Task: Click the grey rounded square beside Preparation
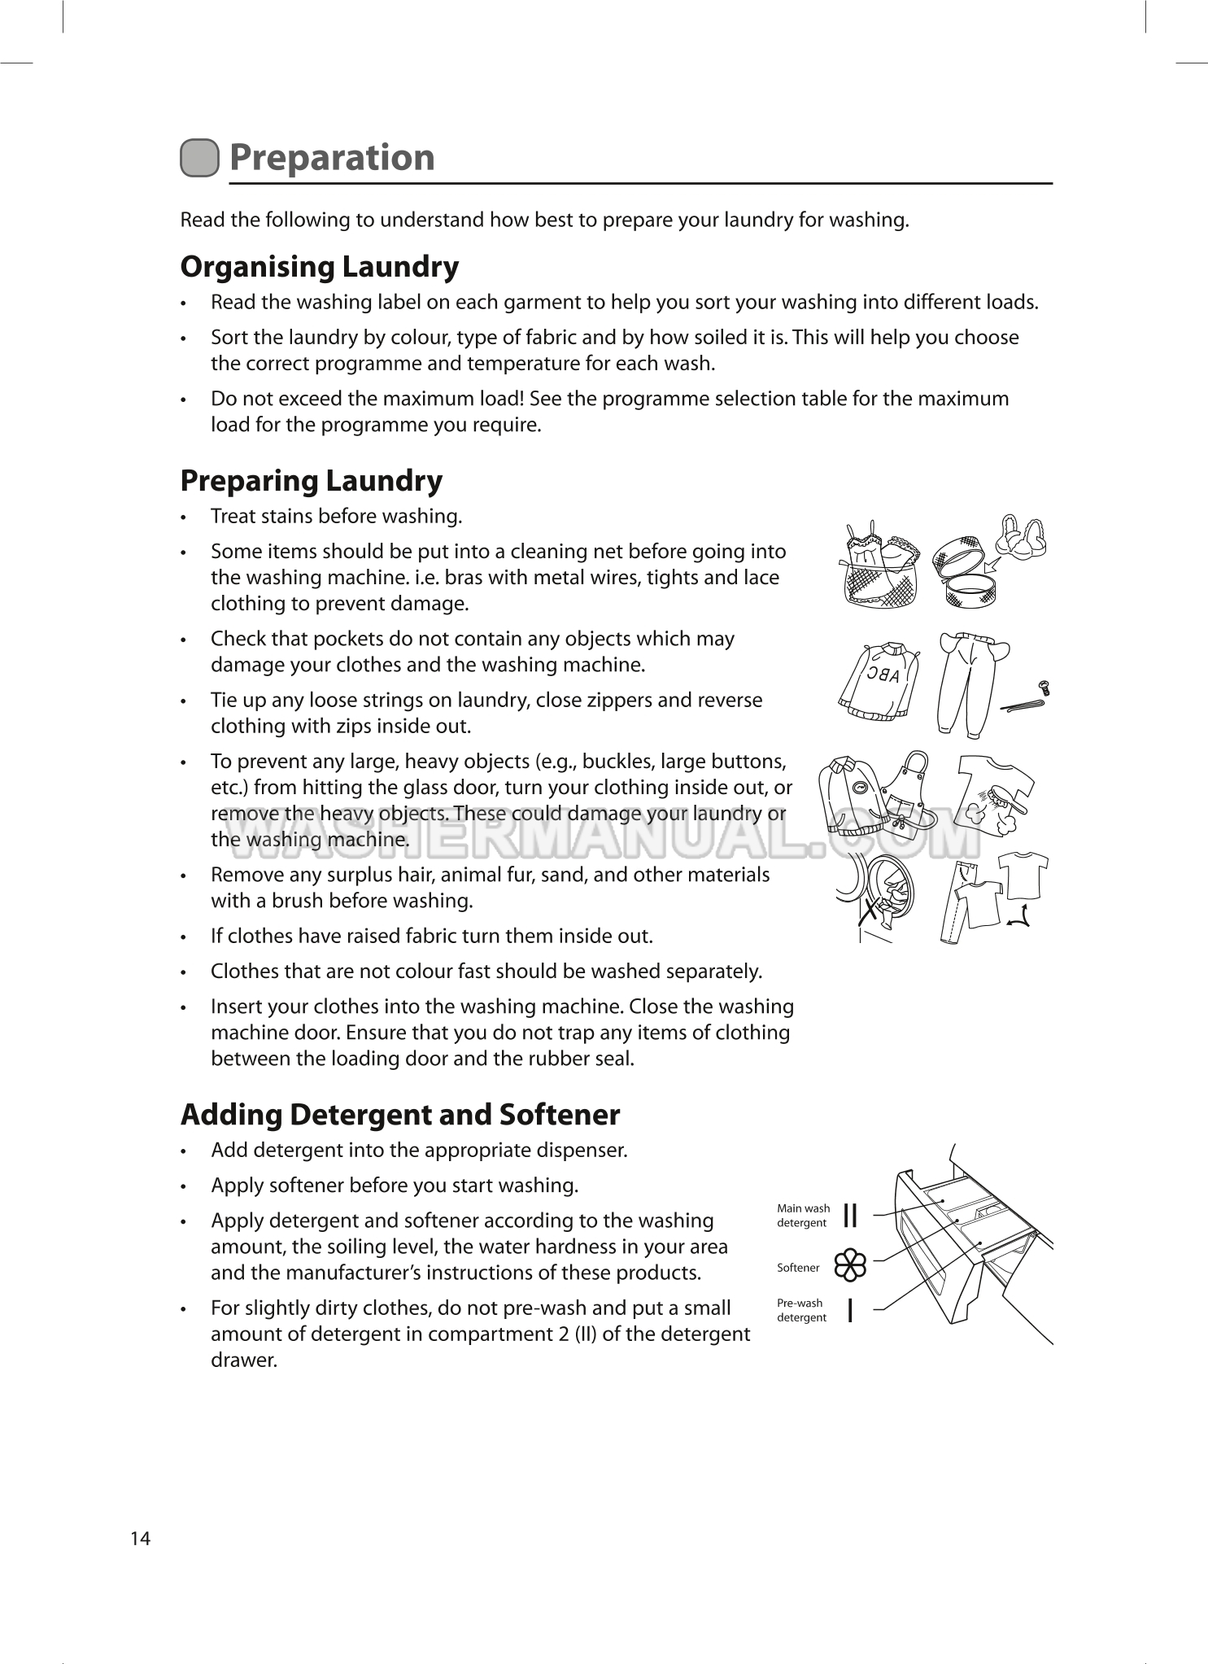tap(199, 158)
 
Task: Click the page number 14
tap(140, 1538)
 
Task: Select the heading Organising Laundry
tap(319, 267)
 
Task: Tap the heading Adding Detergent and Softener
tap(399, 1115)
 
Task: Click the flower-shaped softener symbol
tap(851, 1265)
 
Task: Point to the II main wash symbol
tap(851, 1216)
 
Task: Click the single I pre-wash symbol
tap(850, 1310)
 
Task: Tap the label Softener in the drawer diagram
tap(798, 1268)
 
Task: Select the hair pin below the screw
tap(1020, 706)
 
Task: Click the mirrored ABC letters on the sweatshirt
tap(883, 675)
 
